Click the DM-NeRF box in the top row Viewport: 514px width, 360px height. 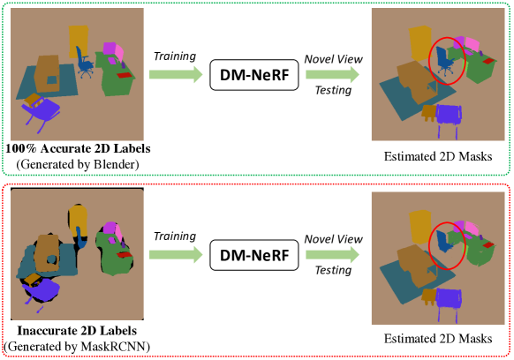pyautogui.click(x=254, y=75)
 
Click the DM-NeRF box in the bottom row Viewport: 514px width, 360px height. pyautogui.click(x=254, y=255)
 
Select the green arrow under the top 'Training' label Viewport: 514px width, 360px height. pyautogui.click(x=176, y=74)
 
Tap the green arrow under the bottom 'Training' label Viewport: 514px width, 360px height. pyautogui.click(x=176, y=254)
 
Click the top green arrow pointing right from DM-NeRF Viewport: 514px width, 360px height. pyautogui.click(x=332, y=74)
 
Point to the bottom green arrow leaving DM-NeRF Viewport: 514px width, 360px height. pyautogui.click(x=332, y=254)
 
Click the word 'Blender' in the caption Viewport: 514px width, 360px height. pyautogui.click(x=114, y=164)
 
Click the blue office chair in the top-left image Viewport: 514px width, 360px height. pyautogui.click(x=85, y=63)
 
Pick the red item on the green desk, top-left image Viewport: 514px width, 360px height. pyautogui.click(x=126, y=75)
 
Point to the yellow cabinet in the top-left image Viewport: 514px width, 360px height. pyautogui.click(x=79, y=41)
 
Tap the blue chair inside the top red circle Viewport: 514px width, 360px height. pyautogui.click(x=445, y=60)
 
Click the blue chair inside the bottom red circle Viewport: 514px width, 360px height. pyautogui.click(x=444, y=240)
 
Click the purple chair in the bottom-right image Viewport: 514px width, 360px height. pyautogui.click(x=448, y=304)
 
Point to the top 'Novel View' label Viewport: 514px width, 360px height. pyautogui.click(x=333, y=59)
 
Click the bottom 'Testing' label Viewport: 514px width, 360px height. pyautogui.click(x=333, y=270)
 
